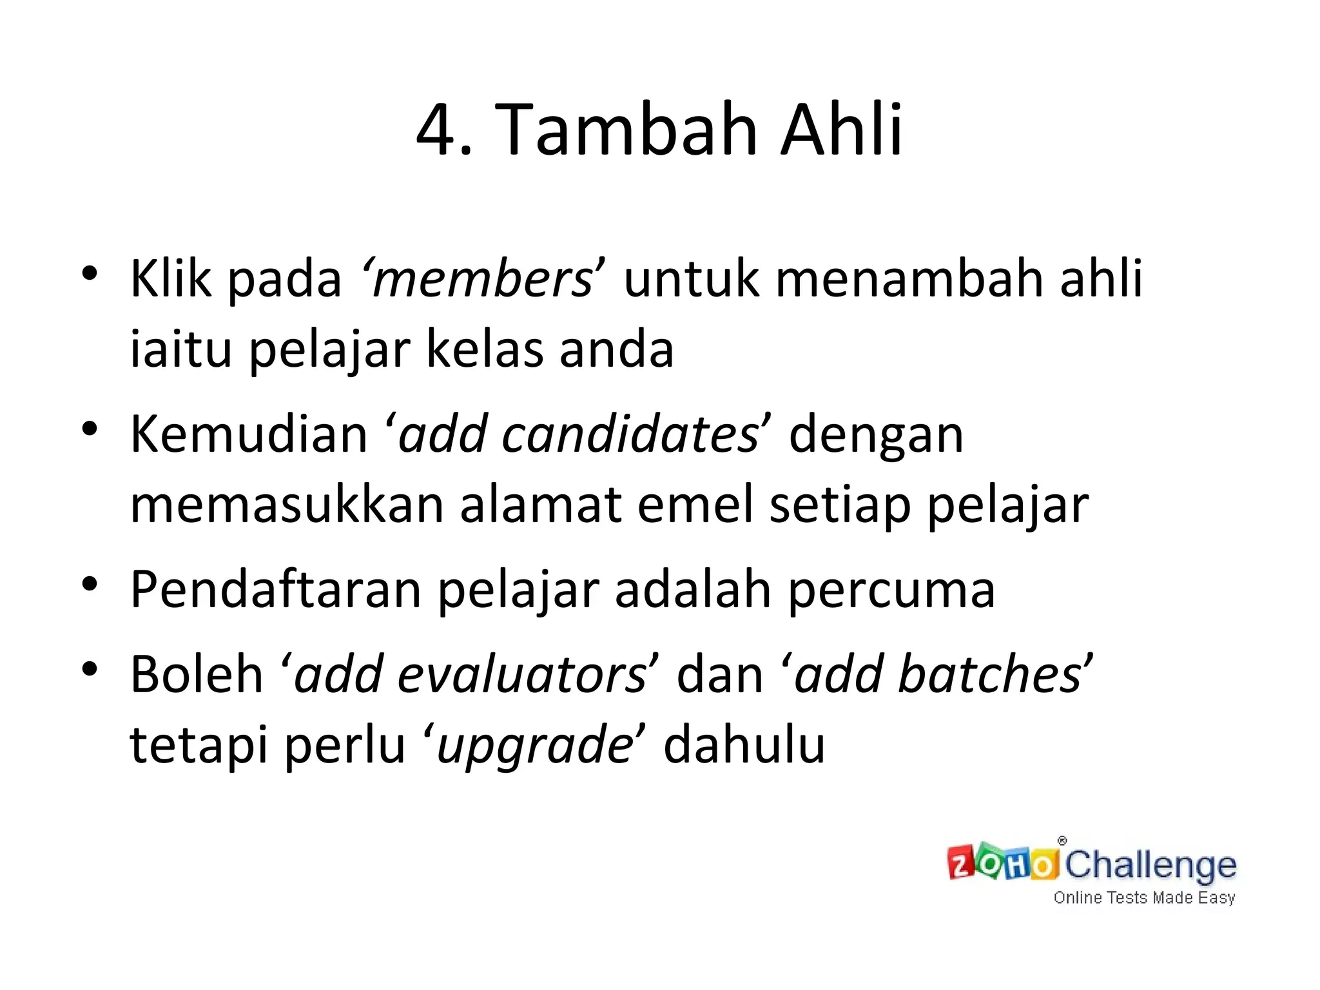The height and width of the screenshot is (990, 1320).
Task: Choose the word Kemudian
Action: coord(249,434)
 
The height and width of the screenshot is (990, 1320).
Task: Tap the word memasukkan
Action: coord(287,505)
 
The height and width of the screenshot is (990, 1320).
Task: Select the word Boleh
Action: coord(197,674)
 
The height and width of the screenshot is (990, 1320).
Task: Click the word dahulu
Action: coord(744,745)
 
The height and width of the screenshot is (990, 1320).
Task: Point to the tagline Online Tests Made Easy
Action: coord(1144,898)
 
